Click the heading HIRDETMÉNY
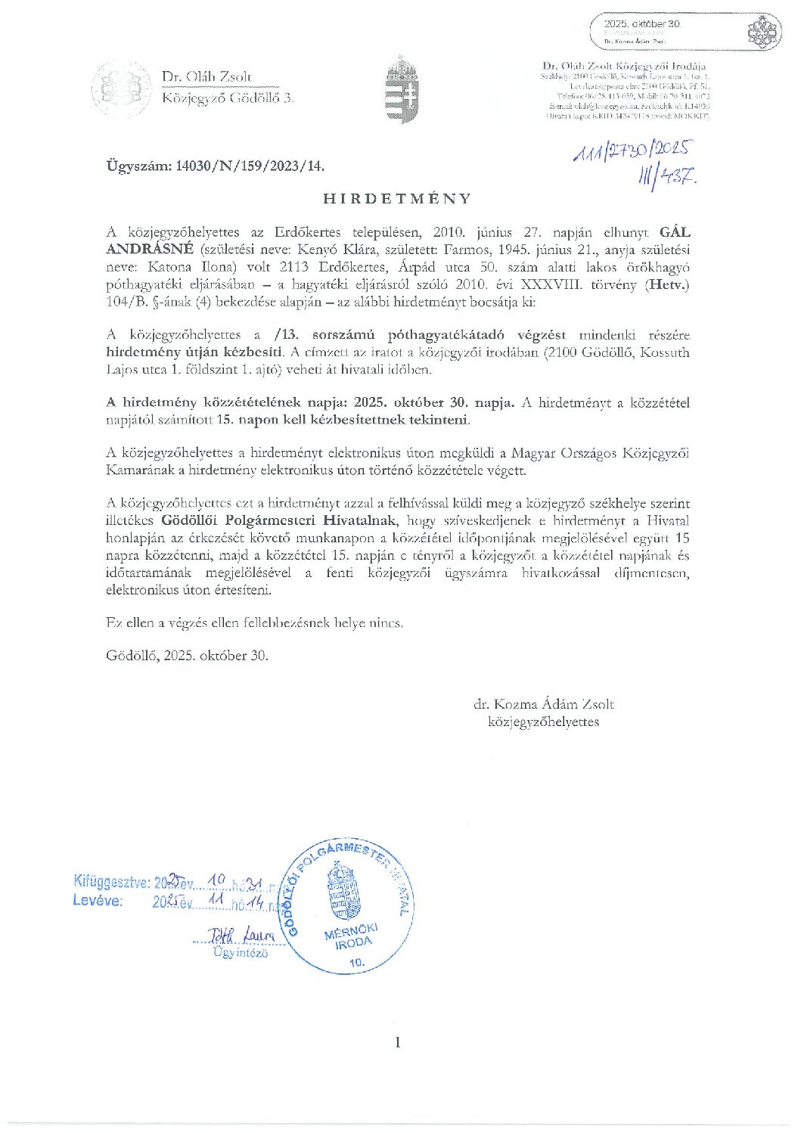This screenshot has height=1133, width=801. tap(397, 199)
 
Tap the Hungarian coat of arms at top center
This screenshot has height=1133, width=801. tap(401, 89)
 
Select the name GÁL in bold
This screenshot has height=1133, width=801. tap(675, 233)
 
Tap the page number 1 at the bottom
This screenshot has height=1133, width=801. tap(398, 1042)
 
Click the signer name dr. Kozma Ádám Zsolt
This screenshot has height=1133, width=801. tap(544, 704)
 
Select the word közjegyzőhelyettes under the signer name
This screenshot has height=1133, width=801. tap(544, 722)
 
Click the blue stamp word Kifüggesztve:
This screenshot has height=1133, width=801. tap(111, 881)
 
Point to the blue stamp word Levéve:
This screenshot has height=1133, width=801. tap(98, 900)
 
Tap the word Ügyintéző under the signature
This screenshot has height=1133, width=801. tap(241, 953)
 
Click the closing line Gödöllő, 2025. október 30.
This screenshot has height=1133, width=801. tap(187, 656)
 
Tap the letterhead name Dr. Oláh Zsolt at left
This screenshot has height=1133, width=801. tap(206, 76)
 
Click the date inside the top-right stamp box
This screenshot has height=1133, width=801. tap(642, 24)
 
